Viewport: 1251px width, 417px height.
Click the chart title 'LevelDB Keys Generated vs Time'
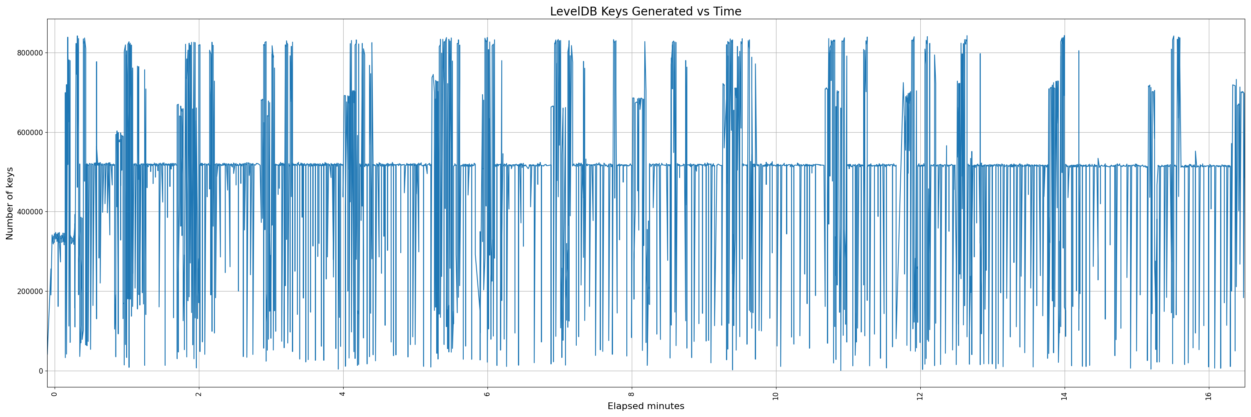coord(646,12)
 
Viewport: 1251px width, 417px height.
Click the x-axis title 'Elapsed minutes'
coord(646,406)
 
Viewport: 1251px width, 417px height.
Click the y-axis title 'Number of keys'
coord(10,203)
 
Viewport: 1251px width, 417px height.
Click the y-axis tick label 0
coord(41,372)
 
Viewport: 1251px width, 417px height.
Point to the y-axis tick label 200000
coord(29,292)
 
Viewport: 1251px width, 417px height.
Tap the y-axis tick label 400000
coord(29,212)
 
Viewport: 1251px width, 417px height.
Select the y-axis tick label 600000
coord(29,133)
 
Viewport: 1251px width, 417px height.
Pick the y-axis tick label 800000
coord(29,53)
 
